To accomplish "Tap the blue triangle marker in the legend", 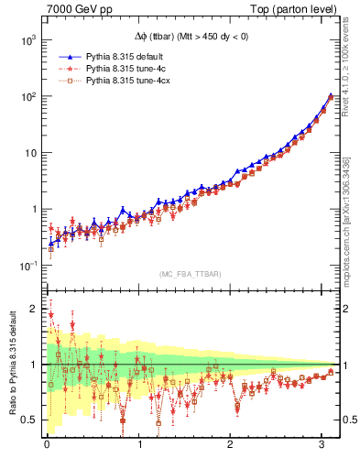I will pos(67,57).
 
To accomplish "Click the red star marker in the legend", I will pos(67,69).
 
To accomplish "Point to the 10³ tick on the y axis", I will pos(29,40).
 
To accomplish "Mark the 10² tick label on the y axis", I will pos(29,96).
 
